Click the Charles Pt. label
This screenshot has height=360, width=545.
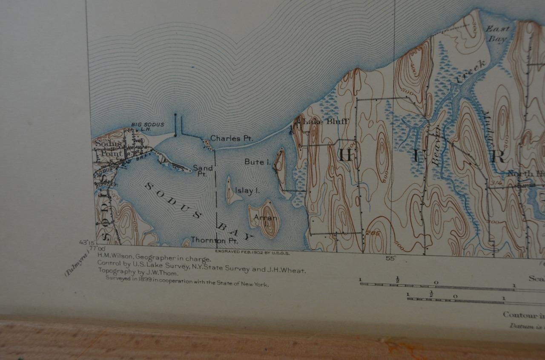232,138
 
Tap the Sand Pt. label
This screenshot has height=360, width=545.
203,170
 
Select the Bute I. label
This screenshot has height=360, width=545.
257,162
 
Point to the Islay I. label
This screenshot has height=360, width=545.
247,191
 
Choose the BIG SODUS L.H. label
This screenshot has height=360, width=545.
144,127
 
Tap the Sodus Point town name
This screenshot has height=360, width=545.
108,149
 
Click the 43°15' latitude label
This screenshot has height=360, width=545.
86,242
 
